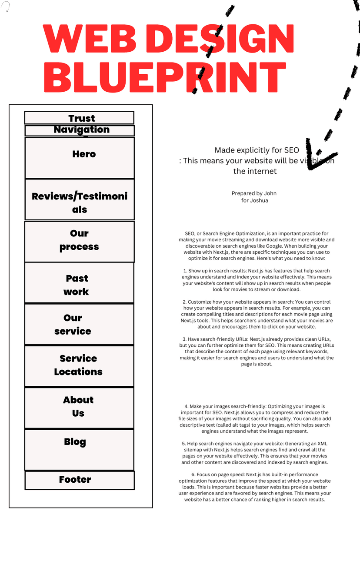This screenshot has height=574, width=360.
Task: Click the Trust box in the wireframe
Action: point(79,118)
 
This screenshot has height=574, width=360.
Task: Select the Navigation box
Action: point(80,130)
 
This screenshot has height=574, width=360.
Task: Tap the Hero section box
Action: point(80,158)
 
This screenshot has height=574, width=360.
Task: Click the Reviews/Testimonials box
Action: point(80,199)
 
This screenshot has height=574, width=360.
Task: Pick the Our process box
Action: point(79,242)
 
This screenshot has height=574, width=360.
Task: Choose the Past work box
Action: point(79,283)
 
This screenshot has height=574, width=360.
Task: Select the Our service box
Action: point(79,325)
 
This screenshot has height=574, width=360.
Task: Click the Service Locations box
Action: point(79,366)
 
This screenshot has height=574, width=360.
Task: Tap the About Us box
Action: point(79,408)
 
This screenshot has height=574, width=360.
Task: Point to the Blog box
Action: point(79,449)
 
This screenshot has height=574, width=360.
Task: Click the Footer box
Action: point(80,480)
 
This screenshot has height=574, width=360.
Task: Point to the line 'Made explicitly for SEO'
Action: point(257,150)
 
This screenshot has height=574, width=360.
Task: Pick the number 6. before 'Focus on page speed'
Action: point(193,475)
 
